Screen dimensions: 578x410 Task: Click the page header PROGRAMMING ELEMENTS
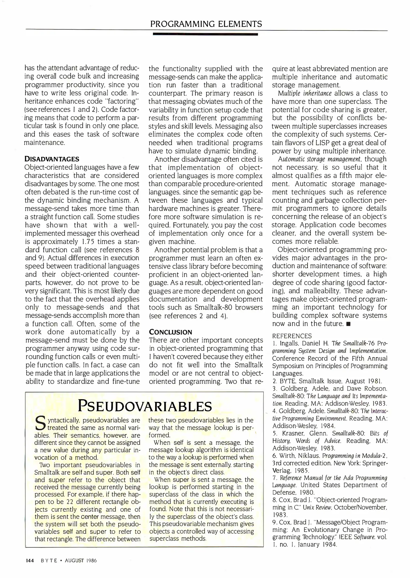[x=206, y=24]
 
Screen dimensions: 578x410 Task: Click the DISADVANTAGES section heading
[x=52, y=159]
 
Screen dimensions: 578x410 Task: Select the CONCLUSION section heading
[x=170, y=332]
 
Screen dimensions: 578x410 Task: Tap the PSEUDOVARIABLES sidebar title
[x=145, y=406]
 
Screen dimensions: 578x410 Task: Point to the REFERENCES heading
[x=292, y=336]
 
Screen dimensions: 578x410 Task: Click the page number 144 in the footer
[x=30, y=561]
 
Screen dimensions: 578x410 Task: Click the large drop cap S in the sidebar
[x=39, y=422]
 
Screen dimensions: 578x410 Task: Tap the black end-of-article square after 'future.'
[x=348, y=324]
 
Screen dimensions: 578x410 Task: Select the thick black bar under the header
[x=205, y=34]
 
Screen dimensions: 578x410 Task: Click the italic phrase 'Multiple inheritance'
[x=305, y=93]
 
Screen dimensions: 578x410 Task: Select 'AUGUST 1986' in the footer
[x=81, y=561]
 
